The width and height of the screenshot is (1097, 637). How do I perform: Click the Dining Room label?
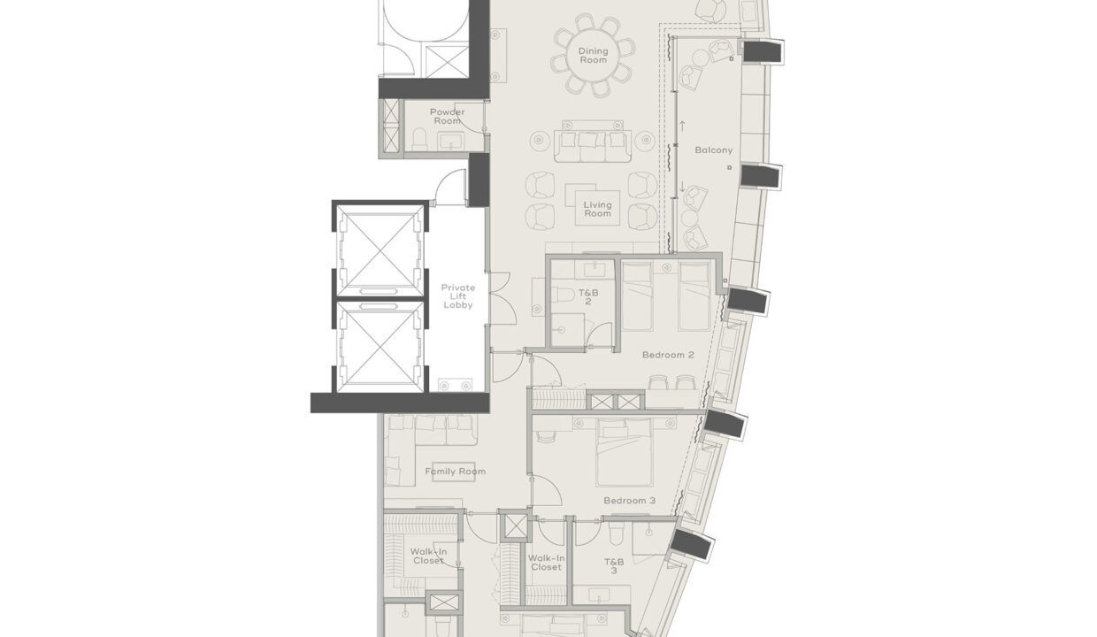(x=594, y=57)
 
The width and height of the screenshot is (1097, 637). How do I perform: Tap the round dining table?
(x=594, y=55)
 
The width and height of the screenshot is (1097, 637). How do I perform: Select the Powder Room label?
(x=447, y=117)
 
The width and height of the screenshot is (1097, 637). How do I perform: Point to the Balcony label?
(x=713, y=150)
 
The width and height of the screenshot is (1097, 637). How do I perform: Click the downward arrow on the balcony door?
(x=683, y=187)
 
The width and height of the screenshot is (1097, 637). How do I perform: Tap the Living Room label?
(x=597, y=210)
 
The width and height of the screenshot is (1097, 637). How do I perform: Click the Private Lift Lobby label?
(x=458, y=296)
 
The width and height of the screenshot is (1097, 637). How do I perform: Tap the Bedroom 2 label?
(x=668, y=355)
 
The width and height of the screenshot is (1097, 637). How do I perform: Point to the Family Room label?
(x=455, y=472)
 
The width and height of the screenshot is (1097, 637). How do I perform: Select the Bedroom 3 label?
(x=629, y=501)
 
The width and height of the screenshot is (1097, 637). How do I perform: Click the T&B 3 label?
(x=614, y=566)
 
